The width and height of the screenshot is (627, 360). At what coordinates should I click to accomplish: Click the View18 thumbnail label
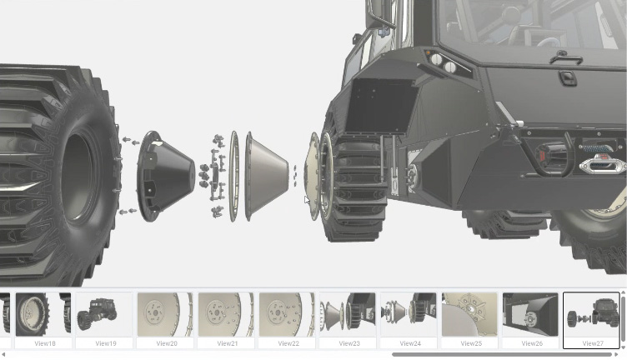(x=45, y=343)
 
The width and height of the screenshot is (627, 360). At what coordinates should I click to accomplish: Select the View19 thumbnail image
(x=104, y=314)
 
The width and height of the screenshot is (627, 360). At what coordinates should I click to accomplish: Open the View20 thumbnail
(x=165, y=314)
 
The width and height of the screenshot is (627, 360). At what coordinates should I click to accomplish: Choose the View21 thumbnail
(x=226, y=314)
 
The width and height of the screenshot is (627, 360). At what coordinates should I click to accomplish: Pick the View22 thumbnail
(x=287, y=314)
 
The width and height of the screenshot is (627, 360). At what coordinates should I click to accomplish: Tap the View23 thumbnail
(x=348, y=314)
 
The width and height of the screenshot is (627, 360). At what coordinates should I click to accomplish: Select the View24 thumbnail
(x=409, y=314)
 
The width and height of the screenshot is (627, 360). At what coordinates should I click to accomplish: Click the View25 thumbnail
(x=470, y=314)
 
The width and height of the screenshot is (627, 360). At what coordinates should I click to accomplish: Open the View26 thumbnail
(x=530, y=314)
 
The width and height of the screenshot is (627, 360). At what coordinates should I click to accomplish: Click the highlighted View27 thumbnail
(x=591, y=320)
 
